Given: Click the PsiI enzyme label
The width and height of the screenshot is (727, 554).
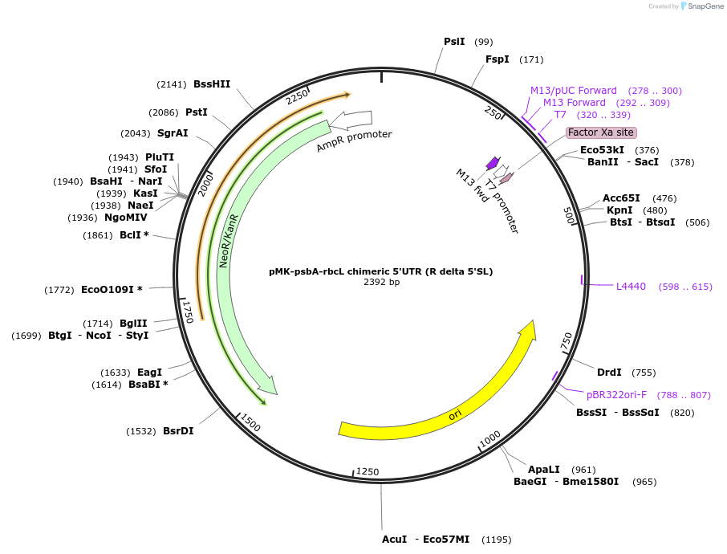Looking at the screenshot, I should click(x=454, y=42).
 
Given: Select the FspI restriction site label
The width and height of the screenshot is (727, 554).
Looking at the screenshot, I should click(x=497, y=59).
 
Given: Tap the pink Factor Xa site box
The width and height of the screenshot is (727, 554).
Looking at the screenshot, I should click(x=601, y=132).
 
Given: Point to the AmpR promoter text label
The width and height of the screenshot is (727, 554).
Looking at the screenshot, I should click(x=354, y=141).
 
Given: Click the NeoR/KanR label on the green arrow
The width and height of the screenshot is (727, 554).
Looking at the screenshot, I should click(x=229, y=241).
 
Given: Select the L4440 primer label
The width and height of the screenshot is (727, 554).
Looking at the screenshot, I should click(x=631, y=287).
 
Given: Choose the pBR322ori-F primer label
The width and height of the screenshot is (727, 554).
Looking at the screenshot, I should click(x=616, y=395).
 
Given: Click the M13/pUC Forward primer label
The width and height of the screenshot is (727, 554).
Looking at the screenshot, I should click(x=573, y=91).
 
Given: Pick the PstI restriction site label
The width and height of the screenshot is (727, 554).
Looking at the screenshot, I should click(x=197, y=112).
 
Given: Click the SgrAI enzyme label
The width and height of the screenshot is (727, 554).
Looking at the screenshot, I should click(x=173, y=133).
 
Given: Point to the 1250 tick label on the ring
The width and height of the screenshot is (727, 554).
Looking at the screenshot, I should click(x=368, y=471).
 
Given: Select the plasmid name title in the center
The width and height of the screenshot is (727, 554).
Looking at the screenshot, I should click(x=381, y=271).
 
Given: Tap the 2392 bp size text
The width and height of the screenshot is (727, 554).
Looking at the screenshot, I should click(x=381, y=282).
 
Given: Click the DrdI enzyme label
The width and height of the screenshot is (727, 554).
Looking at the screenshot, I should click(x=609, y=373).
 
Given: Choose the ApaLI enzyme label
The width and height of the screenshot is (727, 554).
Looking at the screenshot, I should click(x=543, y=470).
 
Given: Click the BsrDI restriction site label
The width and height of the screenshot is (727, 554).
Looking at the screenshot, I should click(x=178, y=431).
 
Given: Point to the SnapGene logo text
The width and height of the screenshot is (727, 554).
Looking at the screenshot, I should click(x=703, y=6).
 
